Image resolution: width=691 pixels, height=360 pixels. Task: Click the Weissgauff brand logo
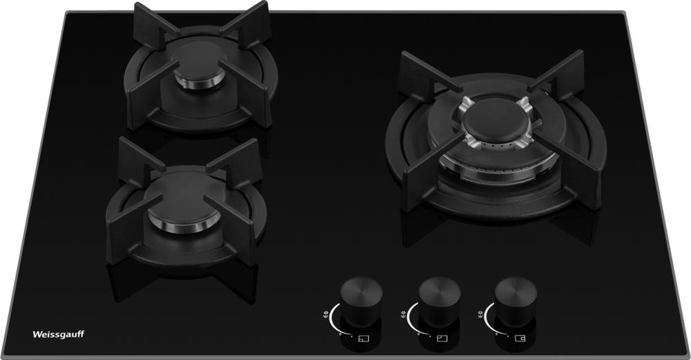coord(58,334)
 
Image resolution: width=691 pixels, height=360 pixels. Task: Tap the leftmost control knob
coord(361,300)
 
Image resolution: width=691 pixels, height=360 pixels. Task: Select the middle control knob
coord(439,300)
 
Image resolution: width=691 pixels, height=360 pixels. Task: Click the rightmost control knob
coord(516,300)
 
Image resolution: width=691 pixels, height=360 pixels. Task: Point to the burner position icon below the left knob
coord(363,339)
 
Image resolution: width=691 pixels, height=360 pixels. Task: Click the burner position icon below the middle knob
coord(442,339)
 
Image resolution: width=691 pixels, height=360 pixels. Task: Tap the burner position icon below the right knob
coord(520,339)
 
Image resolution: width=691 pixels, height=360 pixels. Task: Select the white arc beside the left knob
coord(334,322)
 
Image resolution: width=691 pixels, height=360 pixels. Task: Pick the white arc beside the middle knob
coord(412,322)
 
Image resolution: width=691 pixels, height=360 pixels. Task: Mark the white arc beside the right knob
coord(489,322)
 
